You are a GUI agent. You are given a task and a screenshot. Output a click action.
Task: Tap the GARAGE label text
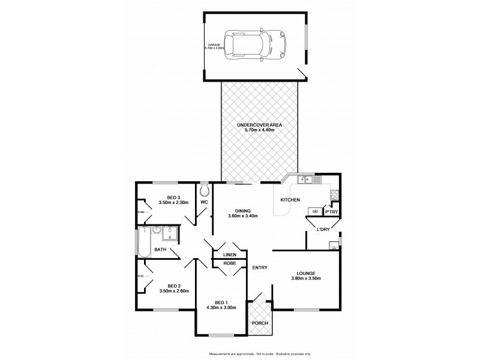tap(214, 47)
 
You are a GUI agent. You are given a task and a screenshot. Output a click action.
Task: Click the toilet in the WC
tap(205, 190)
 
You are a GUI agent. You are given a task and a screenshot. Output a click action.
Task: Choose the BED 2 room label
tap(174, 288)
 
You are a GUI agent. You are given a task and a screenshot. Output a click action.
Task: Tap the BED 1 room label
tap(221, 304)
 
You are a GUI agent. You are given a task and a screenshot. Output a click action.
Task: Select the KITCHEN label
tap(290, 200)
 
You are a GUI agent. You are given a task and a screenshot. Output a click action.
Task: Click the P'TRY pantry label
tap(331, 212)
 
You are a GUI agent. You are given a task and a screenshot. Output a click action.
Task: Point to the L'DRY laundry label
tap(324, 229)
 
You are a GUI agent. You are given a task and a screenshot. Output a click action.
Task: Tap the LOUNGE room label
tap(306, 275)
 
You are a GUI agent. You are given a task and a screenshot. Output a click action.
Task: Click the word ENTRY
tap(260, 268)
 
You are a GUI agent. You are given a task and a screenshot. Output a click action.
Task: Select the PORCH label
tap(260, 323)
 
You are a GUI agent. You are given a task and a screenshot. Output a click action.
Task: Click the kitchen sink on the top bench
tap(305, 178)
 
